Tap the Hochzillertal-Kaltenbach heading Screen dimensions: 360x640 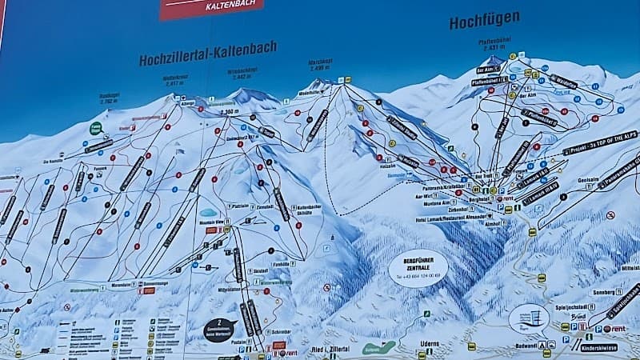pyautogui.click(x=207, y=54)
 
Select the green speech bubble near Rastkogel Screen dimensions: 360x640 pyautogui.click(x=96, y=127)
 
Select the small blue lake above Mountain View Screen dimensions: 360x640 pyautogui.click(x=209, y=213)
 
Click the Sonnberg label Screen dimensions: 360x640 pyautogui.click(x=606, y=292)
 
